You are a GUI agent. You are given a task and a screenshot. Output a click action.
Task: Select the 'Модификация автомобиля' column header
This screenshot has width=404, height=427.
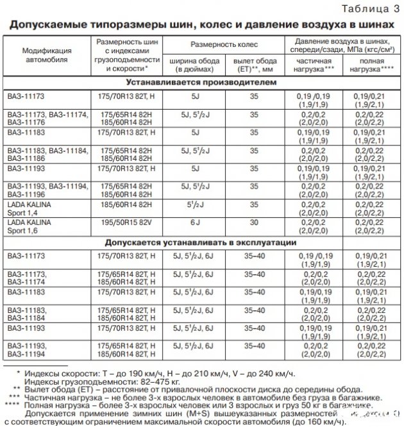click(x=46, y=54)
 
